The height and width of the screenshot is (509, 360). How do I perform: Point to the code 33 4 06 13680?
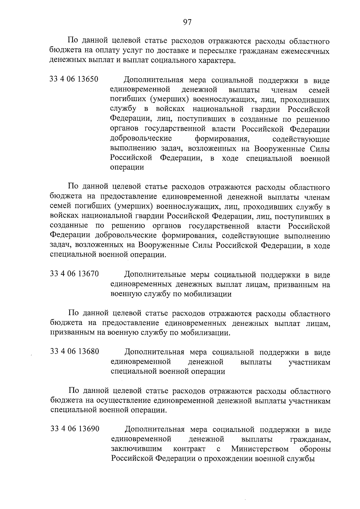pyautogui.click(x=75, y=352)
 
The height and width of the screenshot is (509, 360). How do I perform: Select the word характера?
pyautogui.click(x=214, y=61)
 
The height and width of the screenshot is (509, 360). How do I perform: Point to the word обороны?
pyautogui.click(x=315, y=449)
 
